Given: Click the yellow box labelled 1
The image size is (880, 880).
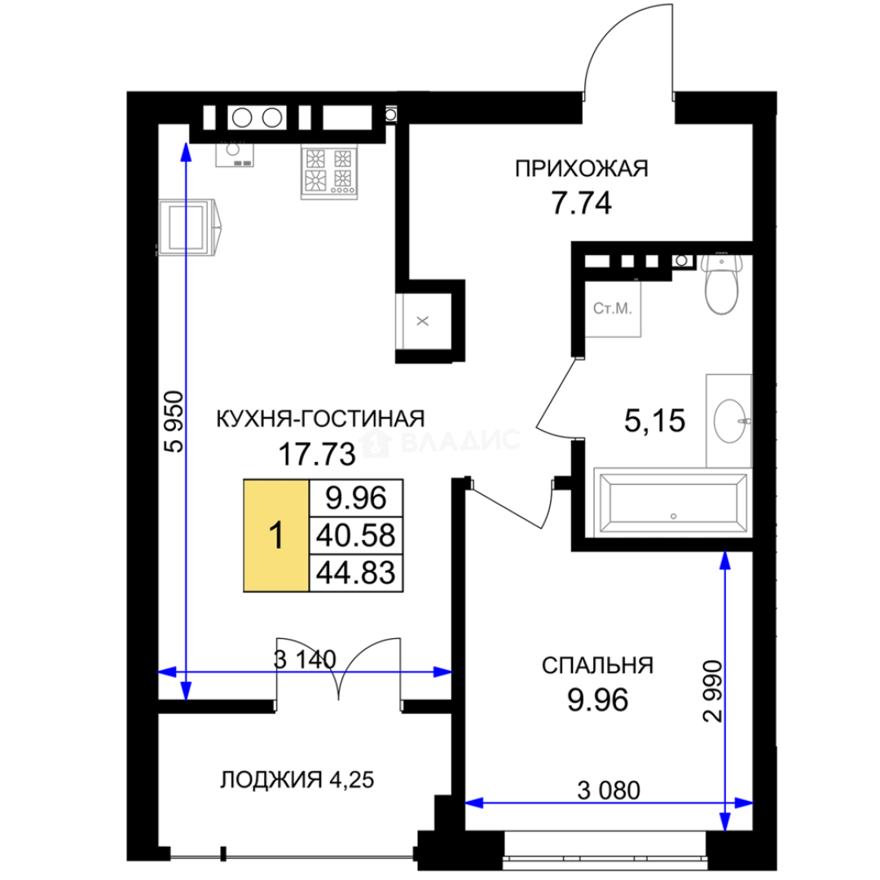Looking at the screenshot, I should (x=276, y=534).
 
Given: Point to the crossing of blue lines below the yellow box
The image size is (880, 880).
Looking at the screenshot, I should (x=186, y=672).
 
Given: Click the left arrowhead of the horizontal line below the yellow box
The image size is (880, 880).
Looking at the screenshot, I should (x=166, y=672).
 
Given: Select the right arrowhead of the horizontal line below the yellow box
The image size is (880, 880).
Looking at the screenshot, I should (x=443, y=672).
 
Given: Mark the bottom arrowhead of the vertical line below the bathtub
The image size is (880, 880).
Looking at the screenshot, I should (x=724, y=823).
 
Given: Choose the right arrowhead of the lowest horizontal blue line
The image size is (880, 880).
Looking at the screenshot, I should (x=745, y=803).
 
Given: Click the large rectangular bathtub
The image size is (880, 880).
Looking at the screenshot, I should (x=669, y=499).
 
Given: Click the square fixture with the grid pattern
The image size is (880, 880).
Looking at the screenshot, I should (x=329, y=172).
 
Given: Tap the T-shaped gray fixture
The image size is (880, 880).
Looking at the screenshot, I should (x=420, y=321).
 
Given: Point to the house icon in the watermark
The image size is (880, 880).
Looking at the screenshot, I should (x=374, y=443).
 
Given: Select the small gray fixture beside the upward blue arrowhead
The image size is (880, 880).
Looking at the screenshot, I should (x=234, y=156).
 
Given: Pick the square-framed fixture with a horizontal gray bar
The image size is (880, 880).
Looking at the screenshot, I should (x=614, y=310).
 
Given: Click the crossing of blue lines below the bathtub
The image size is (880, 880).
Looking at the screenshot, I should (x=724, y=803).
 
